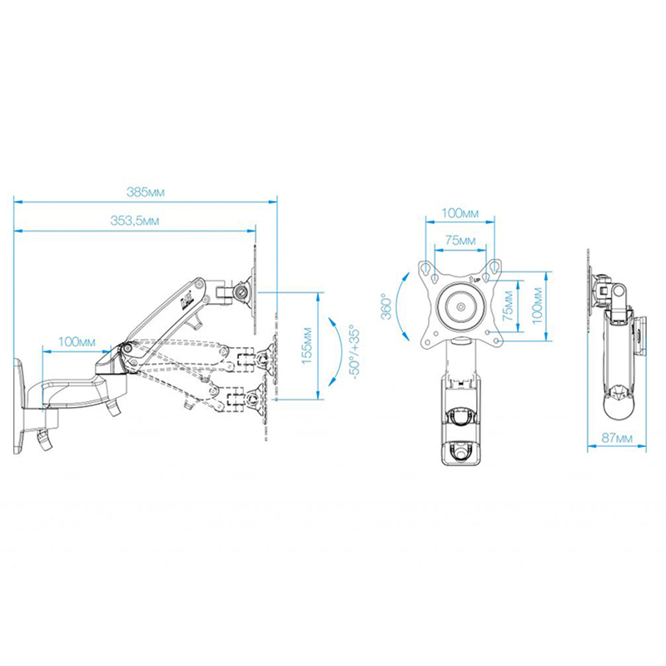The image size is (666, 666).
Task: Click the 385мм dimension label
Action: [x=145, y=192]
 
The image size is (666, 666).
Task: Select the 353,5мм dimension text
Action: [x=135, y=221]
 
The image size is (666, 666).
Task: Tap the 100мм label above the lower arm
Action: [x=77, y=341]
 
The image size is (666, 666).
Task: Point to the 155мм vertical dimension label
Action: [x=307, y=345]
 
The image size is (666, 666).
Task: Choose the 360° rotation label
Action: [x=386, y=306]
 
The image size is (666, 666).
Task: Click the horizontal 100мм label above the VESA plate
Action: [x=460, y=213]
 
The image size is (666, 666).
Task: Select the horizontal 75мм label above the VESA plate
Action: [x=460, y=241]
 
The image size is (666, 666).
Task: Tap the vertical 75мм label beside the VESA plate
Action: [x=508, y=306]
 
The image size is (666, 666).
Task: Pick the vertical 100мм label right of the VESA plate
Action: [x=537, y=306]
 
